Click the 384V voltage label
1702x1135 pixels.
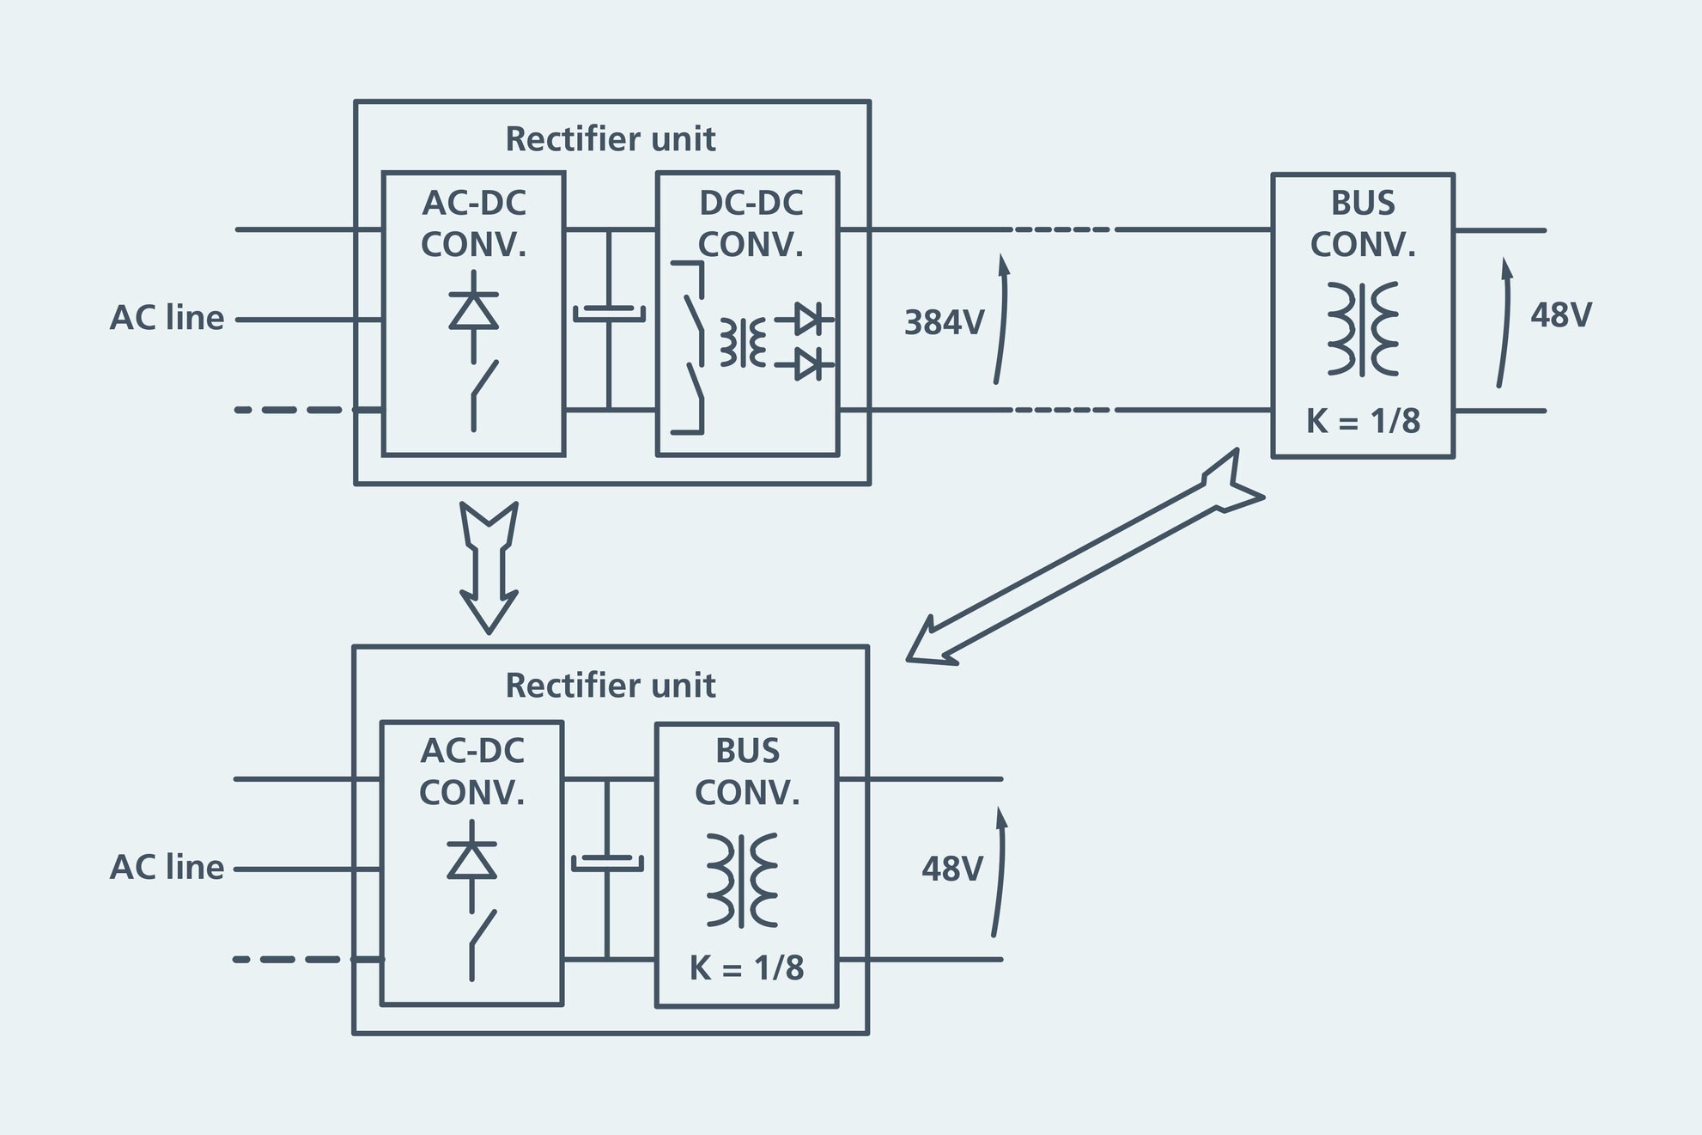(944, 323)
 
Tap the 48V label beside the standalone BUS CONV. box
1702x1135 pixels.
(1560, 315)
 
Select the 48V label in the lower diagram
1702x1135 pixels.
(951, 870)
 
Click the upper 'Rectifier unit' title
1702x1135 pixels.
(610, 139)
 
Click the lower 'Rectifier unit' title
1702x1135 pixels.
(610, 686)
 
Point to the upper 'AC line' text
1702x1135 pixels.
(167, 319)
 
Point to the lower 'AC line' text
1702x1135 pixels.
(167, 868)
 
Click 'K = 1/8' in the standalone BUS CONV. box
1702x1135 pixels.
(1363, 422)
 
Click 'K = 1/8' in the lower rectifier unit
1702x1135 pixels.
(746, 968)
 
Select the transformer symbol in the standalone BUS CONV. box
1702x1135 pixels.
(1363, 329)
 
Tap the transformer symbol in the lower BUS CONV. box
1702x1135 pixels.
(742, 880)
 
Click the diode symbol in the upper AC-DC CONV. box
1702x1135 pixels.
(473, 311)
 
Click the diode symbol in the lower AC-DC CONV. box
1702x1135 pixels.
(471, 860)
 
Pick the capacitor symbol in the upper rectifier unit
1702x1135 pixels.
(609, 314)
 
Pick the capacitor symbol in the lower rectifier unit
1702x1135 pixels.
(607, 863)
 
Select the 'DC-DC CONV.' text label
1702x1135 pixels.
(750, 223)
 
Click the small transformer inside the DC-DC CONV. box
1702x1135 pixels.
(742, 342)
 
